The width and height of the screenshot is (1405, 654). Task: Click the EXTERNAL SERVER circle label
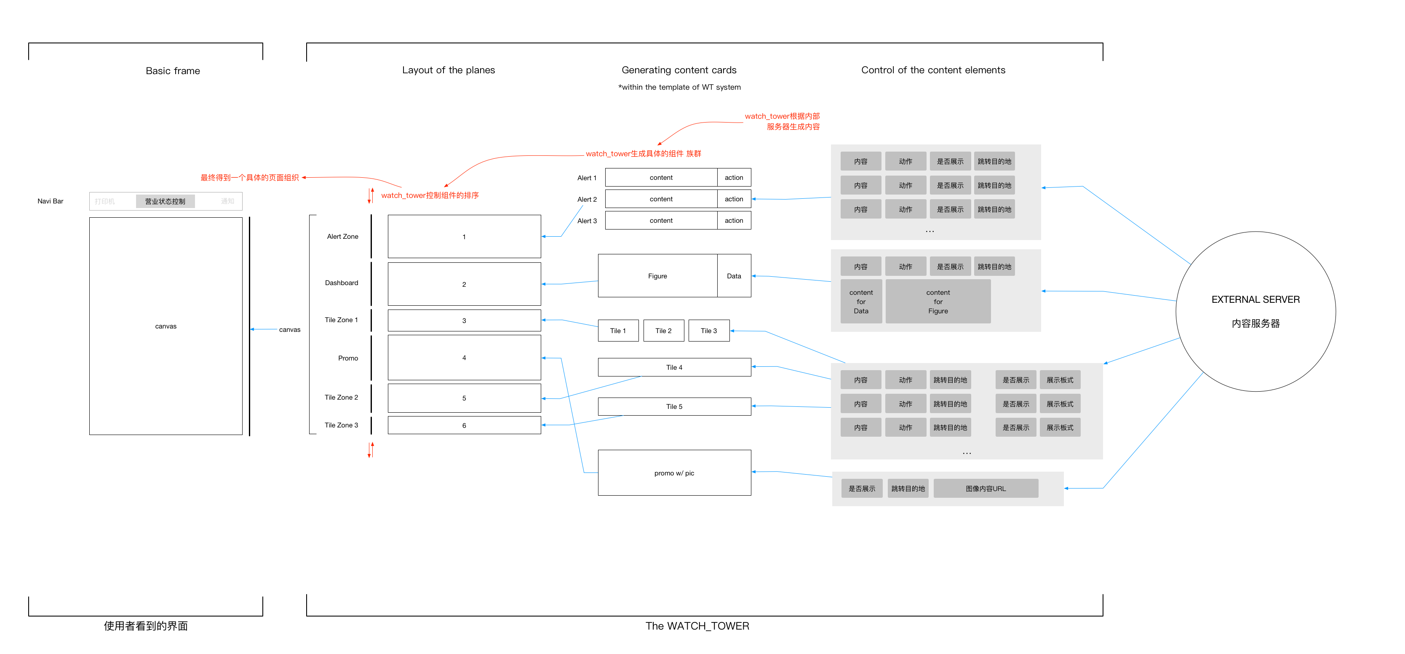click(1255, 299)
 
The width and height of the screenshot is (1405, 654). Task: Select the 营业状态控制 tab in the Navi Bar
click(165, 201)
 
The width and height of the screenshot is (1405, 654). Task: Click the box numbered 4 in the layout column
click(464, 358)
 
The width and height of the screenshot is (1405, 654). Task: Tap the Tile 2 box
click(663, 331)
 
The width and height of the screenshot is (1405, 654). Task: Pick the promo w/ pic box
click(674, 473)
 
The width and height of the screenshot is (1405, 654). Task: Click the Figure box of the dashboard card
click(657, 276)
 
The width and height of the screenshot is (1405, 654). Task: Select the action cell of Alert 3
click(734, 220)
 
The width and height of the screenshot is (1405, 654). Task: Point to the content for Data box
click(861, 302)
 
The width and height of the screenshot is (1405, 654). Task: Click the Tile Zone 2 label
click(342, 397)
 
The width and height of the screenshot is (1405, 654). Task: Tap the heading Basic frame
click(173, 71)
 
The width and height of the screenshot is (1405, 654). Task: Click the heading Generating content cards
click(678, 70)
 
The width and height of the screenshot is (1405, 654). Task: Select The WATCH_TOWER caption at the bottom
click(697, 626)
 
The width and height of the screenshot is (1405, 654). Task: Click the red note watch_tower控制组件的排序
click(430, 195)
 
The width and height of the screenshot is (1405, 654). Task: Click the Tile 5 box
click(674, 406)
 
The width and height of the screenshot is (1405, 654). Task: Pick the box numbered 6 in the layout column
click(464, 425)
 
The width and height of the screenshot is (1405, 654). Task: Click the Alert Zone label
click(342, 236)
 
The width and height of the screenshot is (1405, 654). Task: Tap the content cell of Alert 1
click(661, 177)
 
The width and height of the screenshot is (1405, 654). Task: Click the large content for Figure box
click(938, 302)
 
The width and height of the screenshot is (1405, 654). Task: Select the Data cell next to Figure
click(734, 276)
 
